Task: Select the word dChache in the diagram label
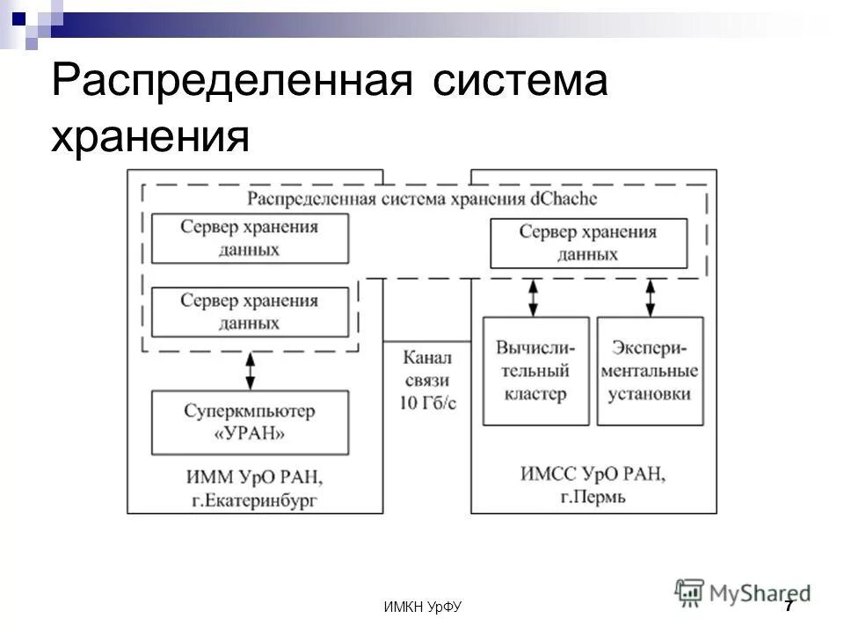point(563,200)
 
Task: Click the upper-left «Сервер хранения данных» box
point(249,237)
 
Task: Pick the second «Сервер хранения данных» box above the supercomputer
point(249,312)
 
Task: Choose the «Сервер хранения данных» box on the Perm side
point(588,244)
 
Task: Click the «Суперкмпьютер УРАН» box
point(250,422)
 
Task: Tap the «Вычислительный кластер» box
point(536,372)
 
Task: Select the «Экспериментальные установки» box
point(650,372)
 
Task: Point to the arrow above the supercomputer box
point(251,371)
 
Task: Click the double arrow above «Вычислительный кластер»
point(533,298)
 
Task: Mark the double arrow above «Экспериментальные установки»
point(651,298)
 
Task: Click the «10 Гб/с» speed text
point(427,402)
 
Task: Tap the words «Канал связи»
point(427,369)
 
